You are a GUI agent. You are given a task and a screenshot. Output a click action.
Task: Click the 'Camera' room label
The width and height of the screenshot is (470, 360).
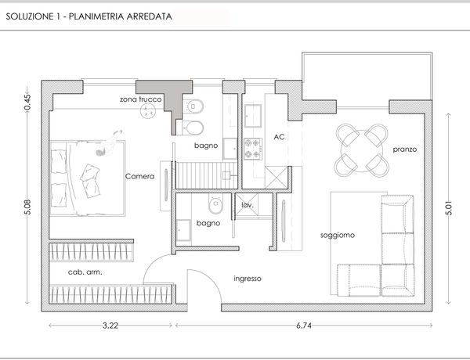(139, 176)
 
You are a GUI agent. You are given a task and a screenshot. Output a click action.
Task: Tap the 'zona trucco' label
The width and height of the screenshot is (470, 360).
(140, 99)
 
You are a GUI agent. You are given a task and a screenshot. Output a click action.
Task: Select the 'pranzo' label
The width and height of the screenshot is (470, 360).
(405, 149)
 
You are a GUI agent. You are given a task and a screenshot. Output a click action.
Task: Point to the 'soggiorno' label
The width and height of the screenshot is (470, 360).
(338, 236)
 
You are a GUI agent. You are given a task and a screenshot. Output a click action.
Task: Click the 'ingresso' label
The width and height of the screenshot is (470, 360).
(248, 279)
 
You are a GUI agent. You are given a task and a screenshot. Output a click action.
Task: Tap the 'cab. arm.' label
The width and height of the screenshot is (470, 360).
(85, 272)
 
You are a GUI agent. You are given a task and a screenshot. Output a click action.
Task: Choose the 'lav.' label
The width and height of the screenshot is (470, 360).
(248, 205)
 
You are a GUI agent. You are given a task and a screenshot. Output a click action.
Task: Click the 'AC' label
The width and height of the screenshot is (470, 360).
(279, 137)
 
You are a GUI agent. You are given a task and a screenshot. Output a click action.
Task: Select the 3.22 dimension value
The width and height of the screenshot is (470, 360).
(110, 326)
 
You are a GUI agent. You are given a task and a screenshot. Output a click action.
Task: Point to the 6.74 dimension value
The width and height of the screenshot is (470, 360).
(304, 326)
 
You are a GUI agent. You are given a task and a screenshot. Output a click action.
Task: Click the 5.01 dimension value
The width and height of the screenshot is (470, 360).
(449, 208)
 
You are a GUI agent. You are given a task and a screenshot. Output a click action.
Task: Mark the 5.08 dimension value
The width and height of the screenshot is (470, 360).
(27, 207)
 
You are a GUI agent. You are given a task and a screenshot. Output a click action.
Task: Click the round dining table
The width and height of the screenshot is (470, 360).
(362, 150)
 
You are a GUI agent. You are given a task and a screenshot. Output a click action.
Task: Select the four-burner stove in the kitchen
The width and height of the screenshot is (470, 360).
(253, 149)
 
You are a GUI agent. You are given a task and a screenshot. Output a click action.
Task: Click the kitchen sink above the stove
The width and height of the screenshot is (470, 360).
(253, 116)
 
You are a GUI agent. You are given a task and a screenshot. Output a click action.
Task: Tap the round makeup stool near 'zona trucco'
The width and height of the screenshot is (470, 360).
(148, 111)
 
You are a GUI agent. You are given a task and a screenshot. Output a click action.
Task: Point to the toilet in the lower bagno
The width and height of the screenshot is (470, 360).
(216, 203)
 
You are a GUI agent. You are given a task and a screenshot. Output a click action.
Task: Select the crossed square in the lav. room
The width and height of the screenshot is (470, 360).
(247, 204)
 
